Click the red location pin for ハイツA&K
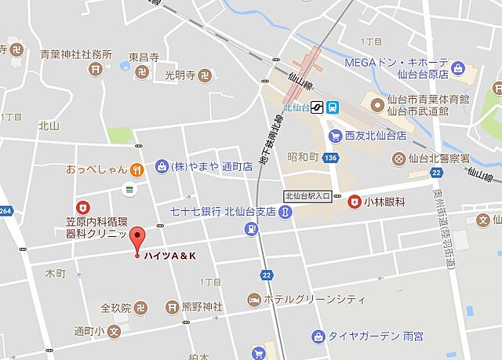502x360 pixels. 138,238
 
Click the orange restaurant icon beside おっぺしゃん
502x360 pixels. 137,168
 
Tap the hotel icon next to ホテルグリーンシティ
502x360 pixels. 254,300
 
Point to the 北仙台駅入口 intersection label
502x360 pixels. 307,196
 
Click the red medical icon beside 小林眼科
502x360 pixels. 355,201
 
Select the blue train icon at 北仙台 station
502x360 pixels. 333,107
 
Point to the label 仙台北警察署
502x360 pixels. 446,158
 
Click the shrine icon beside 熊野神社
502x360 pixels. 173,306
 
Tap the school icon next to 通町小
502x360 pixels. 113,332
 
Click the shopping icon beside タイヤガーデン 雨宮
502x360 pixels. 318,336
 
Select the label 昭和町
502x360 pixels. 302,157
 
